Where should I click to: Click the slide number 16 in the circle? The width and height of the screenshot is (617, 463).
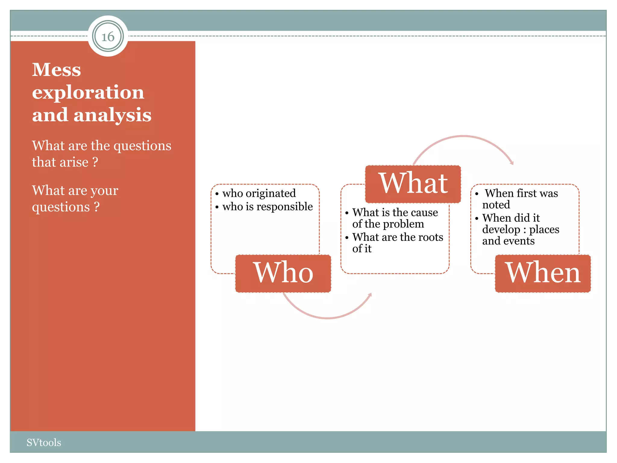(108, 37)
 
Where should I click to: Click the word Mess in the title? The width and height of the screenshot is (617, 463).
(57, 70)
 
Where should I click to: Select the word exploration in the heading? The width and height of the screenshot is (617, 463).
(88, 92)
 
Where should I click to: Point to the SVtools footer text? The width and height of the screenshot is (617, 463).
(44, 442)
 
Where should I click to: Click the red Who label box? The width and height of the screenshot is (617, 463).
(283, 273)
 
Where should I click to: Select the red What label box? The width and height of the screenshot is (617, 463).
(413, 184)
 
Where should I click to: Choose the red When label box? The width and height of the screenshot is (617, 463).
(543, 273)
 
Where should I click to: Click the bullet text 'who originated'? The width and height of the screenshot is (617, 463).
(259, 193)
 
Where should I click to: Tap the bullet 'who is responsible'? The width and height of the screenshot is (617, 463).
(267, 206)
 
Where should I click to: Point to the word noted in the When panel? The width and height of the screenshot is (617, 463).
(496, 205)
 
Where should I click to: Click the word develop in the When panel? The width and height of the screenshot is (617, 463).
(501, 230)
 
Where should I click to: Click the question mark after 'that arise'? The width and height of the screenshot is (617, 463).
(95, 162)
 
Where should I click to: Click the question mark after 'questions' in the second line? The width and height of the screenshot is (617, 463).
(96, 207)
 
